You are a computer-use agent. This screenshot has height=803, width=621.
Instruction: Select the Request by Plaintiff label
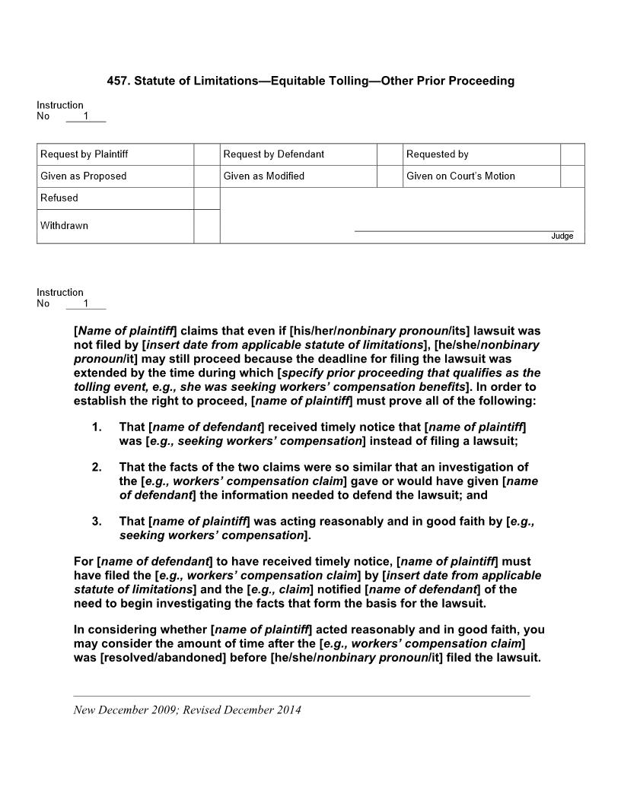(x=84, y=154)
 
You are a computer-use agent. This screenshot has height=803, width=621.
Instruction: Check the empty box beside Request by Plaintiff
(x=207, y=154)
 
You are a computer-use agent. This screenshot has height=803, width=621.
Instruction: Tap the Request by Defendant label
(x=273, y=154)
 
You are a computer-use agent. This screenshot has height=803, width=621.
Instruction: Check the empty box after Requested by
(x=572, y=154)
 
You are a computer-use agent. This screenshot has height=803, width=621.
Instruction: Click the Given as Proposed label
(x=83, y=176)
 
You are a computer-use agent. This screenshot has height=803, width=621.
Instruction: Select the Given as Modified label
(x=263, y=176)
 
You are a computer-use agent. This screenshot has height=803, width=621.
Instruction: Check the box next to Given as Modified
(x=390, y=176)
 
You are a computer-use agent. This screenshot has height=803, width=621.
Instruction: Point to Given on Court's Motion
(x=460, y=176)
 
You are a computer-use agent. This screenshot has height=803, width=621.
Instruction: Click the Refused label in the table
(x=59, y=198)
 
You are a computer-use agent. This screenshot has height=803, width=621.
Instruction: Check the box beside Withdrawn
(x=207, y=227)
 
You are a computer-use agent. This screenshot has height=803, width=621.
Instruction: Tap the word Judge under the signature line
(x=562, y=236)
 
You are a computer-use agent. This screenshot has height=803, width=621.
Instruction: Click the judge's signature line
(x=464, y=230)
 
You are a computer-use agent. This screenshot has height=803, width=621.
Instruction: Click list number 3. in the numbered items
(x=97, y=522)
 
